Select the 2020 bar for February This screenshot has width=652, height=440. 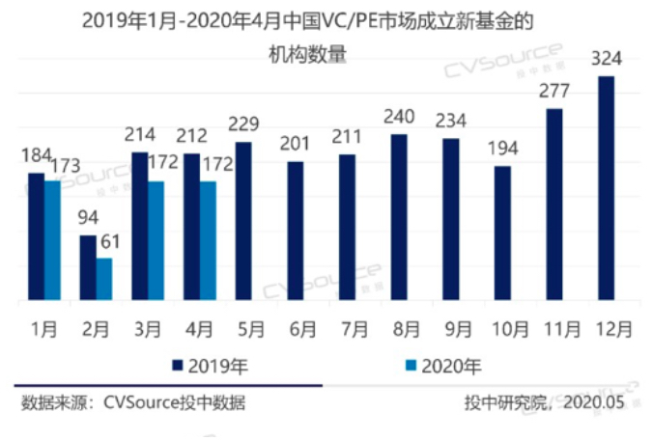tap(104, 280)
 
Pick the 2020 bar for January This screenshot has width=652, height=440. tap(52, 241)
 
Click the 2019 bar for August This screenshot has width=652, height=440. tap(399, 218)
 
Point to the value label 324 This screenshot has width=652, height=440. tap(606, 60)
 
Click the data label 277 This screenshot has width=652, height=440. tap(554, 92)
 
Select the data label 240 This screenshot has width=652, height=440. tap(398, 118)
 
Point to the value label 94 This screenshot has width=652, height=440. tap(89, 218)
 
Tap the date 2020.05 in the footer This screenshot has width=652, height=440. tap(595, 403)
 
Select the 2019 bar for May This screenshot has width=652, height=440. tap(242, 222)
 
